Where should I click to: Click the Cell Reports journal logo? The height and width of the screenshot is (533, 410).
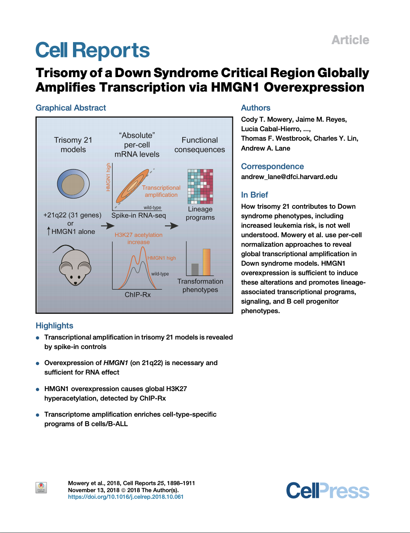pos(92,50)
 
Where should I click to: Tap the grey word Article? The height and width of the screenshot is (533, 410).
pos(350,40)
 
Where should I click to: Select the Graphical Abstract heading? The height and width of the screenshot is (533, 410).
pos(71,108)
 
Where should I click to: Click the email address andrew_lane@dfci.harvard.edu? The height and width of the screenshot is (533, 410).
pos(289,177)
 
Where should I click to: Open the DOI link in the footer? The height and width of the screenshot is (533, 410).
pos(125,497)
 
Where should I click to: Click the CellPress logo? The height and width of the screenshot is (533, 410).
pos(328,491)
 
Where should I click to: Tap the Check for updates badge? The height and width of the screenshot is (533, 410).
pos(41,488)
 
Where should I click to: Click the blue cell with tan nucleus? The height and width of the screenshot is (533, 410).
pos(73,184)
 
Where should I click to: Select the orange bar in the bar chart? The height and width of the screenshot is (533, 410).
pos(207,262)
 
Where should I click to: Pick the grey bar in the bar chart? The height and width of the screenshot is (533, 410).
pos(195,269)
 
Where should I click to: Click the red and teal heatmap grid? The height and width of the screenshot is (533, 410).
pos(200,186)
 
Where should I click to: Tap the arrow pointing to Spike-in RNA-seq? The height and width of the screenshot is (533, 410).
pos(108,226)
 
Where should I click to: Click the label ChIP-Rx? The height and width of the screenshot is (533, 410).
pos(138,295)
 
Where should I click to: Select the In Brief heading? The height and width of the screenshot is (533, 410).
pos(254,195)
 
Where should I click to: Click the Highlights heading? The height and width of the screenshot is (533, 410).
pos(54,325)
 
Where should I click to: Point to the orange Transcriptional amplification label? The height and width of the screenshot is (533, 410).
pos(161,191)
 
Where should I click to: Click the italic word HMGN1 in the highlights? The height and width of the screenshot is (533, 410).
pos(115,363)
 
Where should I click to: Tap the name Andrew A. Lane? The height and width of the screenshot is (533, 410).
pos(266,148)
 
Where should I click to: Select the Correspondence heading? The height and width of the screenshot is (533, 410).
pos(272,166)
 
